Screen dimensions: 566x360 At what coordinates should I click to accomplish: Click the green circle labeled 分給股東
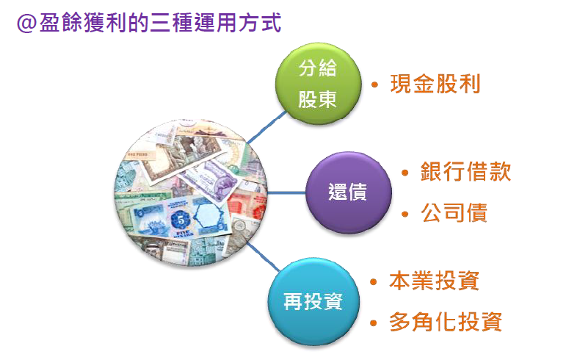(318, 84)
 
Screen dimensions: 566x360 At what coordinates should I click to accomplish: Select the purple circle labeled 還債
(348, 192)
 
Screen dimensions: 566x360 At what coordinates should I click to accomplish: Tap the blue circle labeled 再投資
(313, 301)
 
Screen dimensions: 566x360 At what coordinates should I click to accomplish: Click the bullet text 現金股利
(435, 84)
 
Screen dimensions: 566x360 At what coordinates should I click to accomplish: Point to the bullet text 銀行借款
(465, 171)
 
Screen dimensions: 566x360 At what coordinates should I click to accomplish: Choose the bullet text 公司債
(454, 212)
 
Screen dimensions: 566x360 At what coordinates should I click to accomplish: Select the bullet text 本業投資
(435, 281)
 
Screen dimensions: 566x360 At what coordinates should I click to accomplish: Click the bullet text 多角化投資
(446, 322)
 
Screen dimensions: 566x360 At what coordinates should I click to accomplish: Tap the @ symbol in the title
(26, 24)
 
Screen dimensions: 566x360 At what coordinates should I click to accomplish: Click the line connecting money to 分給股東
(266, 127)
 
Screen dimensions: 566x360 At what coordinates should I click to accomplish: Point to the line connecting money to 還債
(286, 192)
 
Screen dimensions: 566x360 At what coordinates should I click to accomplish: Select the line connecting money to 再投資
(263, 256)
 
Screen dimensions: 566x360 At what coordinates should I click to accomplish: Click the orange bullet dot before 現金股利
(374, 85)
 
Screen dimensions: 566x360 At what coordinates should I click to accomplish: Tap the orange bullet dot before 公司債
(405, 214)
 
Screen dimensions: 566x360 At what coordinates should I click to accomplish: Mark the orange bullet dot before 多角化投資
(374, 323)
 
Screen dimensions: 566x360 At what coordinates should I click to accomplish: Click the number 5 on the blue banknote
(181, 220)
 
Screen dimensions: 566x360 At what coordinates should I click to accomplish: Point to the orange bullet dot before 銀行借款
(405, 173)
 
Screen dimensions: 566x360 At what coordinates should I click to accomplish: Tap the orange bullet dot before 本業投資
(374, 282)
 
